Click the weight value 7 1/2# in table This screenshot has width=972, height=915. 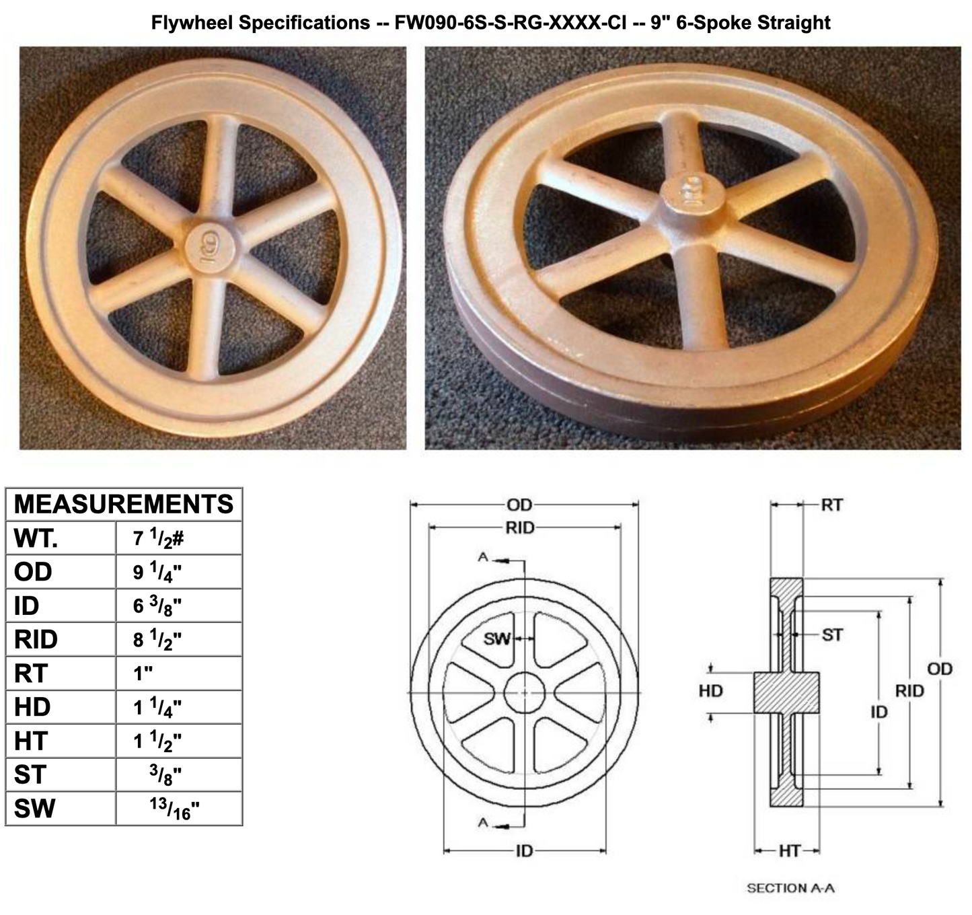click(158, 538)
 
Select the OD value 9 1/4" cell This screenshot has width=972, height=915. click(157, 572)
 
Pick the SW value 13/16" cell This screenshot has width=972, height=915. click(174, 808)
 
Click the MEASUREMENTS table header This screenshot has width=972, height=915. click(124, 504)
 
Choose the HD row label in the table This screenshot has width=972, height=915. click(32, 706)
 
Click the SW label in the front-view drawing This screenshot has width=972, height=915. click(497, 638)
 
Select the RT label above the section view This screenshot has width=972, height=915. click(832, 505)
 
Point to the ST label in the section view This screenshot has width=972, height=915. click(832, 634)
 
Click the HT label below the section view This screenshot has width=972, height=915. click(789, 851)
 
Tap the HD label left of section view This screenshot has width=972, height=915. click(710, 691)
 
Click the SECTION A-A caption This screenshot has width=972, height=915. click(790, 888)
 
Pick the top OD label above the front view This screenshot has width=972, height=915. click(519, 505)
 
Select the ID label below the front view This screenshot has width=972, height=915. click(524, 851)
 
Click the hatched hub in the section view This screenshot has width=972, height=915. click(786, 692)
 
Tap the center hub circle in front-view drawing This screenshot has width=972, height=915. click(525, 692)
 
